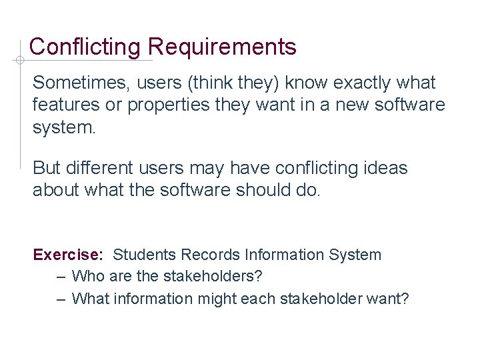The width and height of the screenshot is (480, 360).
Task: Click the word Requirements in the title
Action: (222, 47)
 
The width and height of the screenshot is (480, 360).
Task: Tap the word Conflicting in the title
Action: (85, 47)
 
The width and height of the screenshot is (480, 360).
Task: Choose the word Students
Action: (145, 255)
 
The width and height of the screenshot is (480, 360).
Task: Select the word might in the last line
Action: (218, 298)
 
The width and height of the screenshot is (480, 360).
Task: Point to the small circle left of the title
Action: (20, 61)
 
